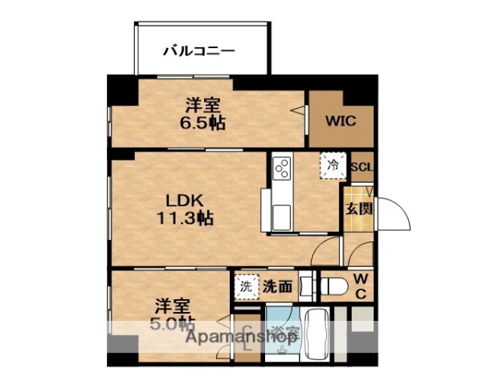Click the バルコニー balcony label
[199, 51]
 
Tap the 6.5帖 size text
[202, 123]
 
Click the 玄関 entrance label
[359, 209]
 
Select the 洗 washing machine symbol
[246, 285]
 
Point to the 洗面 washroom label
[277, 285]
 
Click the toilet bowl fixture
[333, 284]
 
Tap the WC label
[361, 286]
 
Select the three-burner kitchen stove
[282, 168]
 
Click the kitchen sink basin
[282, 217]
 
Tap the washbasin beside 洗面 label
[305, 285]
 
